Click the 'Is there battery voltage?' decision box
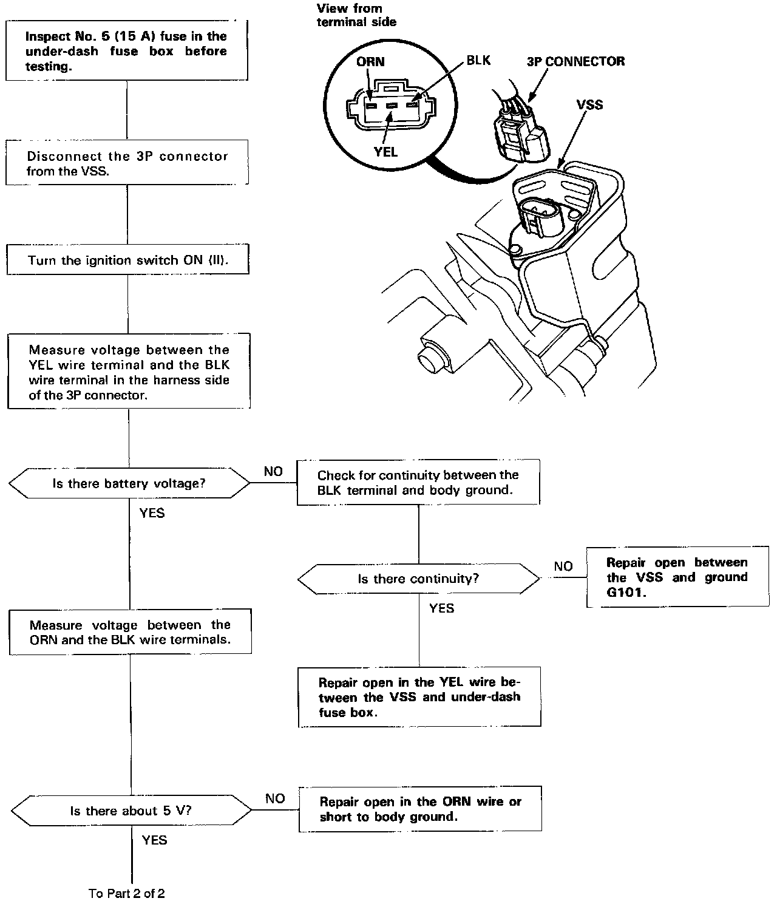pyautogui.click(x=129, y=484)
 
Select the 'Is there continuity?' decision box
pyautogui.click(x=418, y=579)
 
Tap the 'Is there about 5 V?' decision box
pyautogui.click(x=131, y=811)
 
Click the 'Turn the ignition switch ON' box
pyautogui.click(x=127, y=260)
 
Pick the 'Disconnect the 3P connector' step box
pyautogui.click(x=127, y=163)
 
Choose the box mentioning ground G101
pyautogui.click(x=677, y=577)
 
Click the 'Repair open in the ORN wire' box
pyautogui.click(x=420, y=809)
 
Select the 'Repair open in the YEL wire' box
pyautogui.click(x=419, y=697)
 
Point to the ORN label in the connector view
pyautogui.click(x=370, y=62)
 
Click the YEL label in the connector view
pyautogui.click(x=386, y=152)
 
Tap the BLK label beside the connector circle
pyautogui.click(x=478, y=60)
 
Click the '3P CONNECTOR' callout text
pyautogui.click(x=575, y=61)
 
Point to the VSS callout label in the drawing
pyautogui.click(x=589, y=104)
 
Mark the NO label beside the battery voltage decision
pyautogui.click(x=273, y=472)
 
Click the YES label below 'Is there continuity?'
pyautogui.click(x=441, y=608)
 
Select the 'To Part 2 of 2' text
pyautogui.click(x=126, y=892)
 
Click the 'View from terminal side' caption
pyautogui.click(x=356, y=15)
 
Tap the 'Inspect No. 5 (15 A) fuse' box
pyautogui.click(x=127, y=51)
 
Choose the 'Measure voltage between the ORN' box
pyautogui.click(x=130, y=631)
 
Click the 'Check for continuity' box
pyautogui.click(x=418, y=483)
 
